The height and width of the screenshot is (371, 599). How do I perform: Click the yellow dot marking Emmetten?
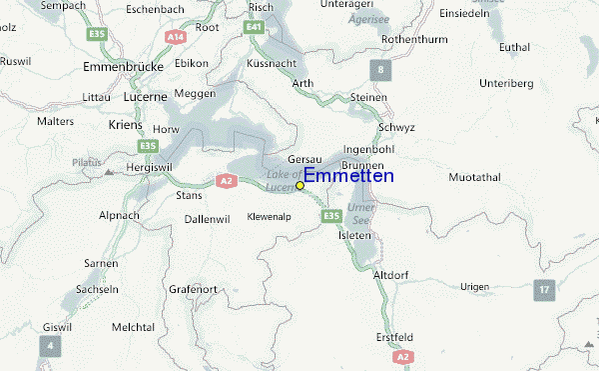300,185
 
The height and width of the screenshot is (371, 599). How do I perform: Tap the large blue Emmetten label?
348,176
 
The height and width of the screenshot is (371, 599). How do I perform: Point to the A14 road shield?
177,36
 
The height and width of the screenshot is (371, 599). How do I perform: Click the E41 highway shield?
254,30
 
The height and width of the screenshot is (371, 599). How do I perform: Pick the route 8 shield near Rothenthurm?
378,69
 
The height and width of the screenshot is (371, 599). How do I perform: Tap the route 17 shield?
543,290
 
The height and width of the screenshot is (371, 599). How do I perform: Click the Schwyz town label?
396,129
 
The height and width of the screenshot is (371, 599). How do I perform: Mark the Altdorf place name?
390,274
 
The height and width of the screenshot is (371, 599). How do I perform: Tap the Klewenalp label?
269,216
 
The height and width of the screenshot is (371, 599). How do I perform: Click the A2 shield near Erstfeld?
402,356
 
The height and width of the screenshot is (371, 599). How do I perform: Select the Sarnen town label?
101,263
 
